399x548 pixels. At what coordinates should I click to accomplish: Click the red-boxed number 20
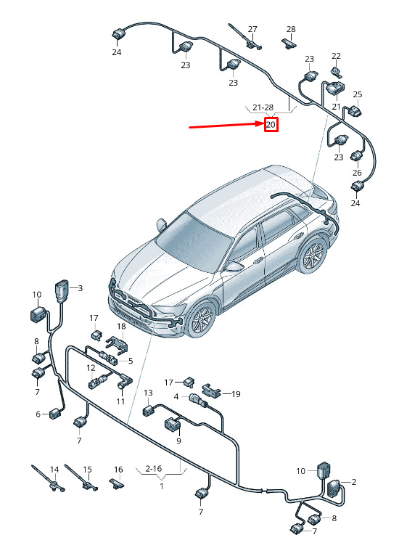coord(271,124)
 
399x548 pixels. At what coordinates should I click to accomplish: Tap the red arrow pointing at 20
coord(226,126)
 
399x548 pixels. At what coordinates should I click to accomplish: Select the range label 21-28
coord(263,107)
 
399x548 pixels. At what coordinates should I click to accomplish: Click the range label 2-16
coord(153,469)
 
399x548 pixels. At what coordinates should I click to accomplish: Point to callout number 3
coord(80,288)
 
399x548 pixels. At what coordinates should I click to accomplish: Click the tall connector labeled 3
coord(62,291)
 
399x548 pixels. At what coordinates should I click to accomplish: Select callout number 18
coord(121,327)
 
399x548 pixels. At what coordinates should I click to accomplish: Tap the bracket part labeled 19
coord(211,390)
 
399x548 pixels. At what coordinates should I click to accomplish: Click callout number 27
coord(252,29)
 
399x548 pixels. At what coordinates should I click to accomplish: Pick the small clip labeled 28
coord(289,44)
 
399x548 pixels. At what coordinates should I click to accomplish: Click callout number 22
coord(336,56)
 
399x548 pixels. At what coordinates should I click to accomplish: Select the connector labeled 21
coord(334,88)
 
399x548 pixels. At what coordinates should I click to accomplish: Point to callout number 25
coord(358,94)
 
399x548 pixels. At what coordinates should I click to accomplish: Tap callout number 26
coord(357,173)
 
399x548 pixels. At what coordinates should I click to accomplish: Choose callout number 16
coord(118,470)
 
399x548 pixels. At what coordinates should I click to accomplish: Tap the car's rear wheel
coord(312,255)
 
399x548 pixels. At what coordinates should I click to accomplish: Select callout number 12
coord(91,368)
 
